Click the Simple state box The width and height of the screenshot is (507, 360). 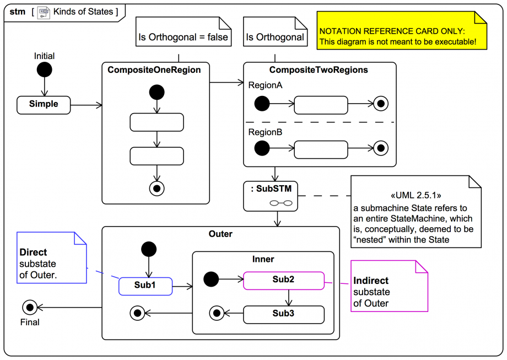point(44,105)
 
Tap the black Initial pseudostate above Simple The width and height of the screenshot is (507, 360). point(44,69)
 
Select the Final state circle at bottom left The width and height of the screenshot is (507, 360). point(30,307)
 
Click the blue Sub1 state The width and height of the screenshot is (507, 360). point(145,286)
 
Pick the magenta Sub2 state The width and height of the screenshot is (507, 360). point(284,281)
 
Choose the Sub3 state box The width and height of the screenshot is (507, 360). point(284,314)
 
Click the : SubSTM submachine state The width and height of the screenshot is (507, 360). point(271,196)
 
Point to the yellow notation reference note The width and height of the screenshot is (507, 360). point(402,31)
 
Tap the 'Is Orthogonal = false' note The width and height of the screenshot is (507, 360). point(184,31)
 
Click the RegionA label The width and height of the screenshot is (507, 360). point(265,85)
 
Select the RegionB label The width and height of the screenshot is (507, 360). point(265,132)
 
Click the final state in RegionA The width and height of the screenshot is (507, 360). point(381,104)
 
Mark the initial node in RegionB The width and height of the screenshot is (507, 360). point(262,148)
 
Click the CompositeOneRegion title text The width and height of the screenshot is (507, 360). point(154,70)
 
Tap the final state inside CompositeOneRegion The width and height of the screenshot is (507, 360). point(157,188)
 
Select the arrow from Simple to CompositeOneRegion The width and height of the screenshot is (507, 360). point(87,105)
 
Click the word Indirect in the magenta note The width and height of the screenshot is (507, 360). point(371,281)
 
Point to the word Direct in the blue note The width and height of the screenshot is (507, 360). point(33,252)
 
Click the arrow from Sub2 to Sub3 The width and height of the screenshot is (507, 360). point(289,298)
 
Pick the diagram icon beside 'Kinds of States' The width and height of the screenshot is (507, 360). point(44,13)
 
